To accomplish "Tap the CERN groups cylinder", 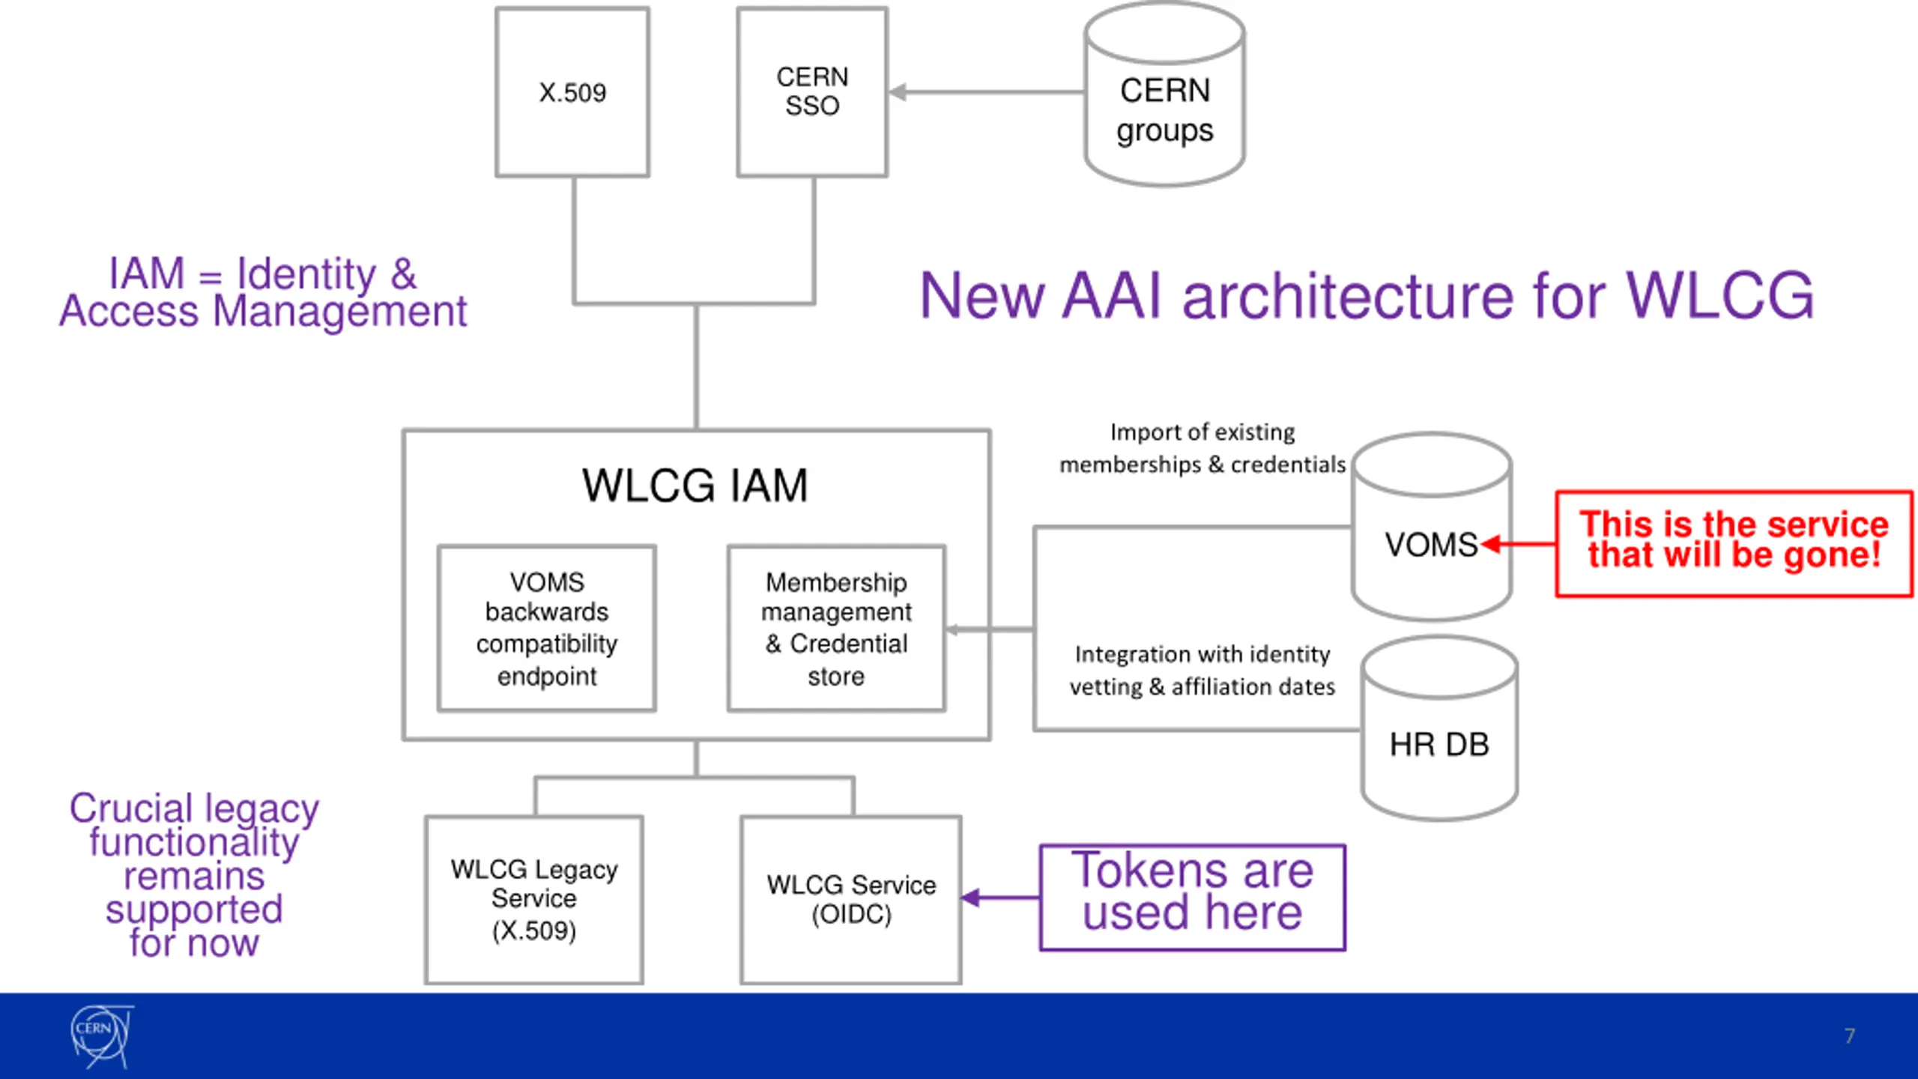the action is (1165, 94).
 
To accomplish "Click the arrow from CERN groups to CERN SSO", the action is (987, 92).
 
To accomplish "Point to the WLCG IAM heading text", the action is (695, 486).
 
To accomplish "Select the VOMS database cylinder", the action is (1432, 527).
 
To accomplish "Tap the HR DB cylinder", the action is (1439, 728).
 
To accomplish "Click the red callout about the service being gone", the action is (1734, 544).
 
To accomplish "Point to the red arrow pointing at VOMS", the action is (1519, 544).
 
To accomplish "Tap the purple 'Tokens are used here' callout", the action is (1193, 898).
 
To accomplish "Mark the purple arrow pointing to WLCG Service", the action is (1000, 898).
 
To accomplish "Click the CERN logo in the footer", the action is (102, 1037).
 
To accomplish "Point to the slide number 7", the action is (1850, 1036).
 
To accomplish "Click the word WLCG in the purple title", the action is (1719, 296).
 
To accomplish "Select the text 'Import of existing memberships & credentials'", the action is (1202, 448).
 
